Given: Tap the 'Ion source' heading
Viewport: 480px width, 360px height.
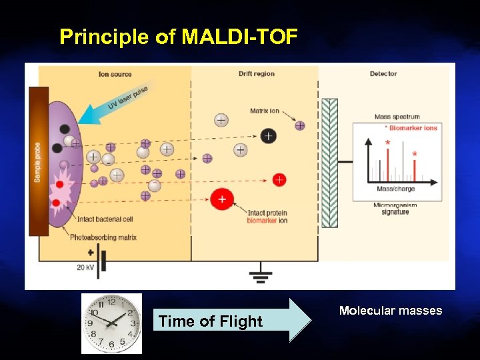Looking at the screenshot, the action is [x=115, y=74].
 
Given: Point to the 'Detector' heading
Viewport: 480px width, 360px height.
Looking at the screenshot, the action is [x=383, y=74].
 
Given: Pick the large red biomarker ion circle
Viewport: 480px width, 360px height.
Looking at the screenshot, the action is [x=222, y=199].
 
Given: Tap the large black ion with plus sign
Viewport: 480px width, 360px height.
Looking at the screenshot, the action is [x=267, y=136].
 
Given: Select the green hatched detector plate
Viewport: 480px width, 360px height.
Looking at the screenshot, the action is [x=329, y=163].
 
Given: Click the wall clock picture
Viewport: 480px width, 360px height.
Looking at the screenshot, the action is [x=111, y=323].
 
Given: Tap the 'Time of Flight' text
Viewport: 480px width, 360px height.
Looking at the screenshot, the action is [x=211, y=321].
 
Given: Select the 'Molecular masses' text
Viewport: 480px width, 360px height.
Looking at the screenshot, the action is [x=390, y=311].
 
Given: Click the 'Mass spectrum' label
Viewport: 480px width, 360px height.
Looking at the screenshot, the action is [x=397, y=117].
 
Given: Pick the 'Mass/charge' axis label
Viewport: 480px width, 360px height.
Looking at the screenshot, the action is [x=395, y=189].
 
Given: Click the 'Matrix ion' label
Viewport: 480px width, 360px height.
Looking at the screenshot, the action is [x=265, y=111].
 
